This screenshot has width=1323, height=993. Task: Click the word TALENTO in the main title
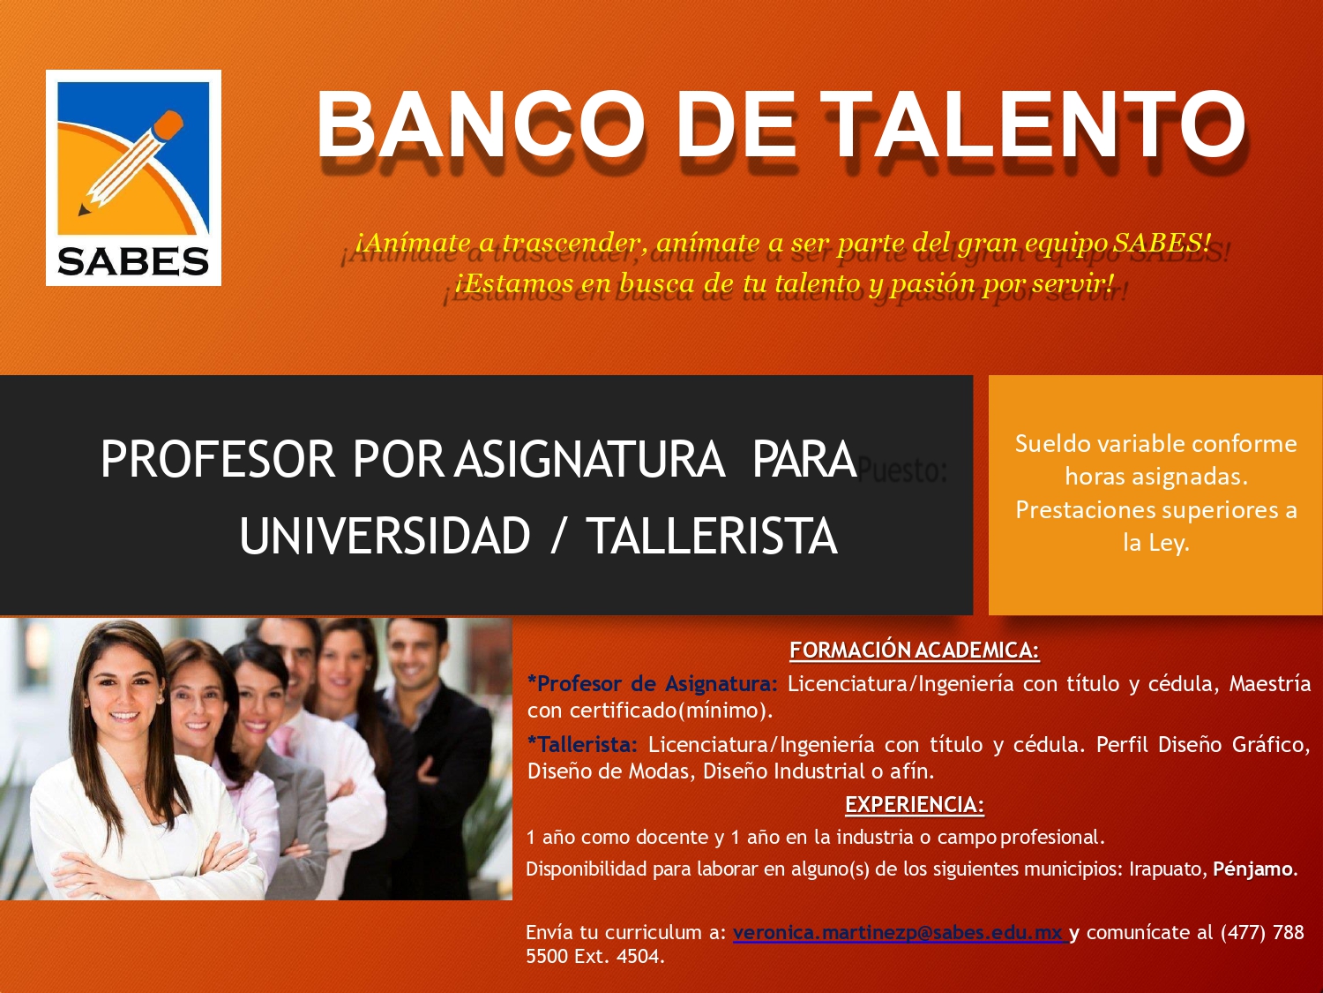click(x=1035, y=124)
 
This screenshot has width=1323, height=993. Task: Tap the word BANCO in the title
click(x=482, y=124)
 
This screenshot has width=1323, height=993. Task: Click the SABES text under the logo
click(x=133, y=261)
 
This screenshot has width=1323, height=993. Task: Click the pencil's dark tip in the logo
click(x=83, y=210)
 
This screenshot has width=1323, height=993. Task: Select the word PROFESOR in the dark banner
click(x=218, y=459)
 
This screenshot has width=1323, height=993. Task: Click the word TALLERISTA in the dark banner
click(x=714, y=536)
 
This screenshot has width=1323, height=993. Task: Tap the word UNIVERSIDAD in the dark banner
click(x=385, y=536)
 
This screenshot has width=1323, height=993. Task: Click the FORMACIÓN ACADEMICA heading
click(x=915, y=650)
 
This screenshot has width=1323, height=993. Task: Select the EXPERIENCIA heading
click(x=915, y=804)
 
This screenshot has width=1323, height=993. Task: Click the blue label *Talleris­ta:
click(x=582, y=745)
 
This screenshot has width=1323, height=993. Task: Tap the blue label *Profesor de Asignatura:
click(x=653, y=684)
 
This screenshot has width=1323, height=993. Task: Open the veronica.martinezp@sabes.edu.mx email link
click(x=900, y=933)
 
